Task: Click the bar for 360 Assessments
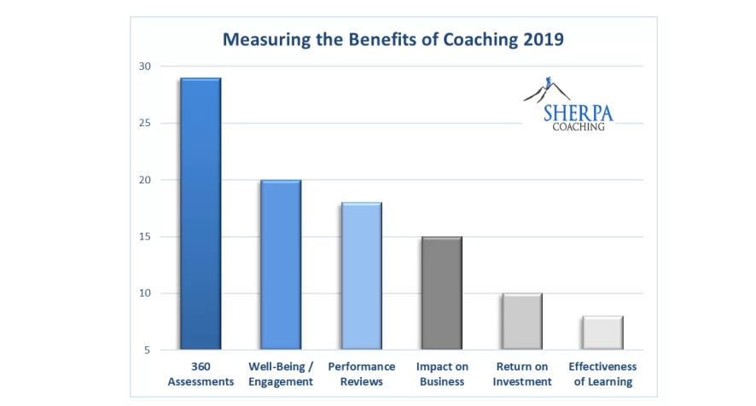tap(201, 213)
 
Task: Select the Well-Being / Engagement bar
tap(281, 264)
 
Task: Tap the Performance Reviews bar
tap(361, 275)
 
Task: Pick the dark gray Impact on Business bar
tap(441, 293)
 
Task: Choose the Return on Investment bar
tap(521, 322)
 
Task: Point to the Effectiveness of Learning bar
tap(602, 333)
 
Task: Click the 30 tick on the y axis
tap(144, 67)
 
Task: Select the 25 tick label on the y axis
tap(144, 123)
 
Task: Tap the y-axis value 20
tap(144, 180)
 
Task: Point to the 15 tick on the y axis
tap(144, 236)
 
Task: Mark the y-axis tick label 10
tap(144, 293)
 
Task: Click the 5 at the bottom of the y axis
tap(148, 350)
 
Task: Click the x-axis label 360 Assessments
tap(201, 374)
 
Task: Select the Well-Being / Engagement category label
tap(281, 374)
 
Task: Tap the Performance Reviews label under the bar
tap(361, 374)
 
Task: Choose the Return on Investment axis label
tap(521, 374)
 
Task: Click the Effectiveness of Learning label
tap(602, 374)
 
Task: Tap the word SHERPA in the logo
tap(578, 113)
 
